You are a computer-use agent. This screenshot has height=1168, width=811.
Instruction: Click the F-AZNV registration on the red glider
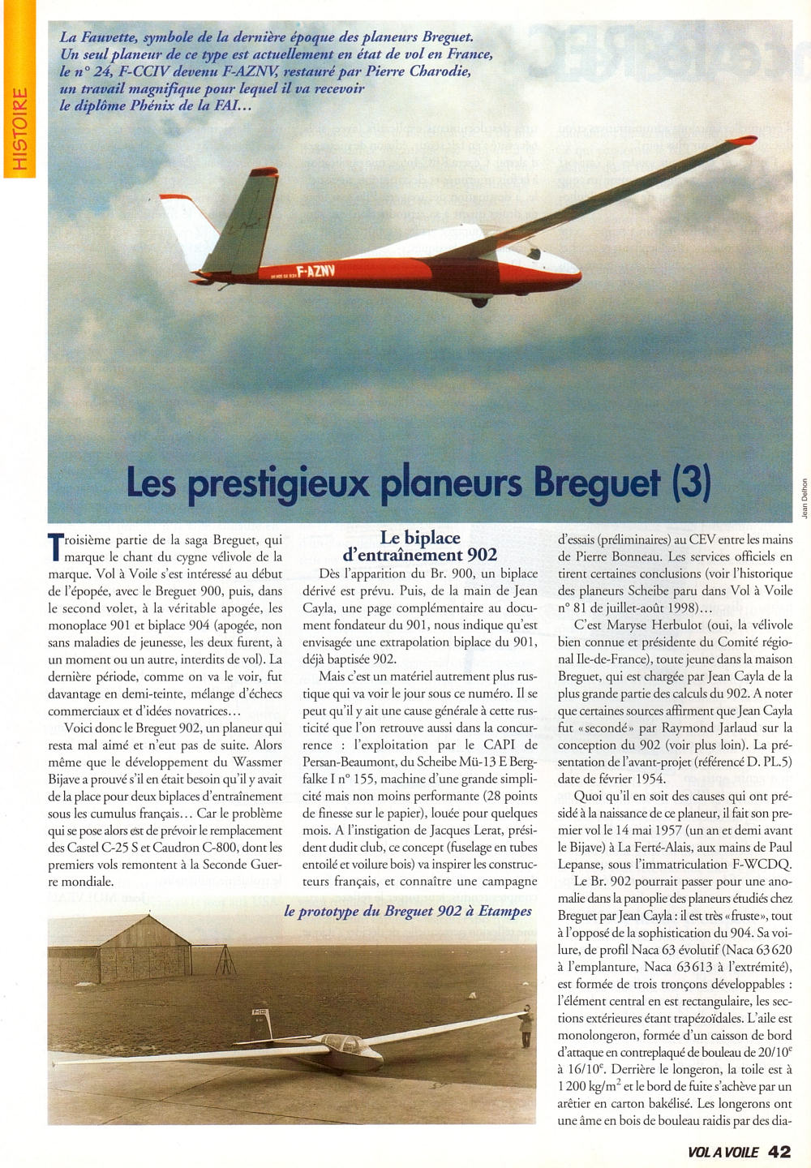pyautogui.click(x=316, y=271)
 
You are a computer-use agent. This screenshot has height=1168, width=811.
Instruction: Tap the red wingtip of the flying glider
pyautogui.click(x=742, y=141)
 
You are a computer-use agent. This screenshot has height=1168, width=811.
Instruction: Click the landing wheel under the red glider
pyautogui.click(x=480, y=302)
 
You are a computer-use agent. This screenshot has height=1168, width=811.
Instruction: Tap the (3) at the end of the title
pyautogui.click(x=692, y=483)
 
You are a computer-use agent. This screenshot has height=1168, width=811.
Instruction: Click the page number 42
pyautogui.click(x=779, y=1152)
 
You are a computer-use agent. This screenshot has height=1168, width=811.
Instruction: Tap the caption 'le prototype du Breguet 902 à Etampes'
pyautogui.click(x=408, y=911)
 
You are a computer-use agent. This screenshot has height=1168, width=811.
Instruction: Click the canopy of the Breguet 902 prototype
pyautogui.click(x=345, y=1044)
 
